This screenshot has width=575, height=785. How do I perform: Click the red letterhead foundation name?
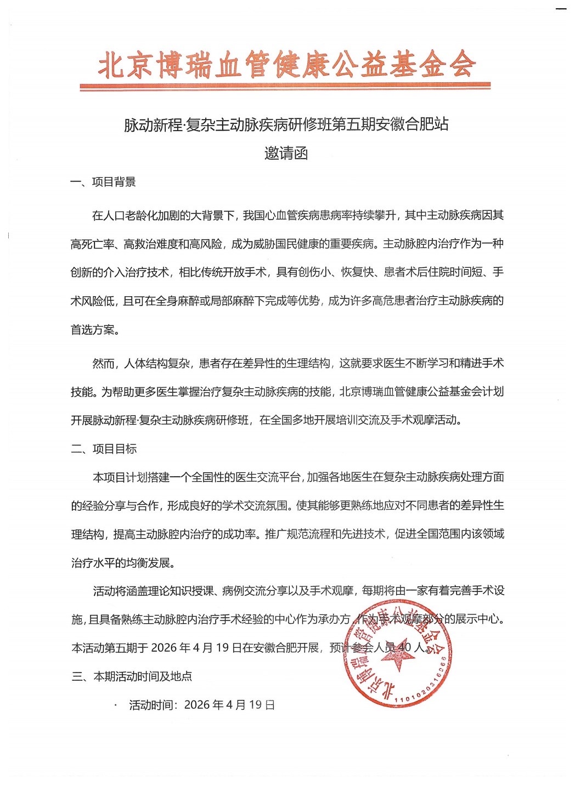coord(286,65)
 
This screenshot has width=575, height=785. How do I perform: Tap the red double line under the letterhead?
coord(285,86)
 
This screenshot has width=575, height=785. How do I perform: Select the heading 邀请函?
coord(286,153)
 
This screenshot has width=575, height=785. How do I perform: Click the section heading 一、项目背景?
coord(103,182)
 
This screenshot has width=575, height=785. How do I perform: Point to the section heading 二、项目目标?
coord(104,449)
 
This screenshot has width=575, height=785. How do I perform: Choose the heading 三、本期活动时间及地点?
coord(132,676)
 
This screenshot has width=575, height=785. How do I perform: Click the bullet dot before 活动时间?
coord(116,704)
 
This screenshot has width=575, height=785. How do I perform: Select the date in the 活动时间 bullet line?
coord(229,705)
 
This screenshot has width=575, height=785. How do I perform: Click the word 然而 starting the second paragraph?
coord(103,363)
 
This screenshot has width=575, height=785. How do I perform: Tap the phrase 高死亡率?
coord(93,244)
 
